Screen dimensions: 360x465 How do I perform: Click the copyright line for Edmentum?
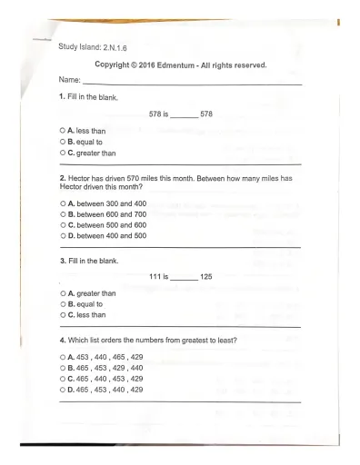(181, 64)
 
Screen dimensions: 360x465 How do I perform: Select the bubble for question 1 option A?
(61, 131)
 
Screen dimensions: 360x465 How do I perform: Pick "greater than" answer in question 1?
(94, 153)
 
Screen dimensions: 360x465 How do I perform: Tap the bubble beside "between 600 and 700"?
(61, 214)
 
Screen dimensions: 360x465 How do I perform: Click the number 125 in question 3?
(205, 276)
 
